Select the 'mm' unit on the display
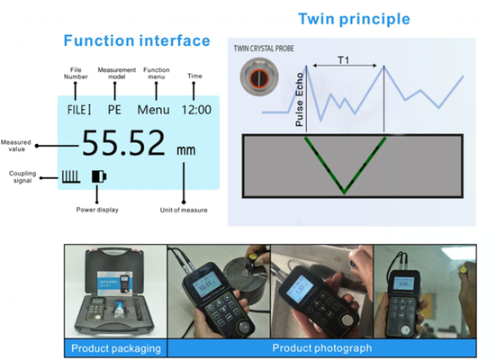pos(186,150)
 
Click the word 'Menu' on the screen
pos(154,110)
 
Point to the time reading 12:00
pos(194,110)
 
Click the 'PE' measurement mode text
pos(113,110)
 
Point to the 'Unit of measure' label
pos(185,210)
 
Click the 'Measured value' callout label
pos(16,145)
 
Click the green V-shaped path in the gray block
pos(343,166)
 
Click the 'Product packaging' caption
pos(116,348)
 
